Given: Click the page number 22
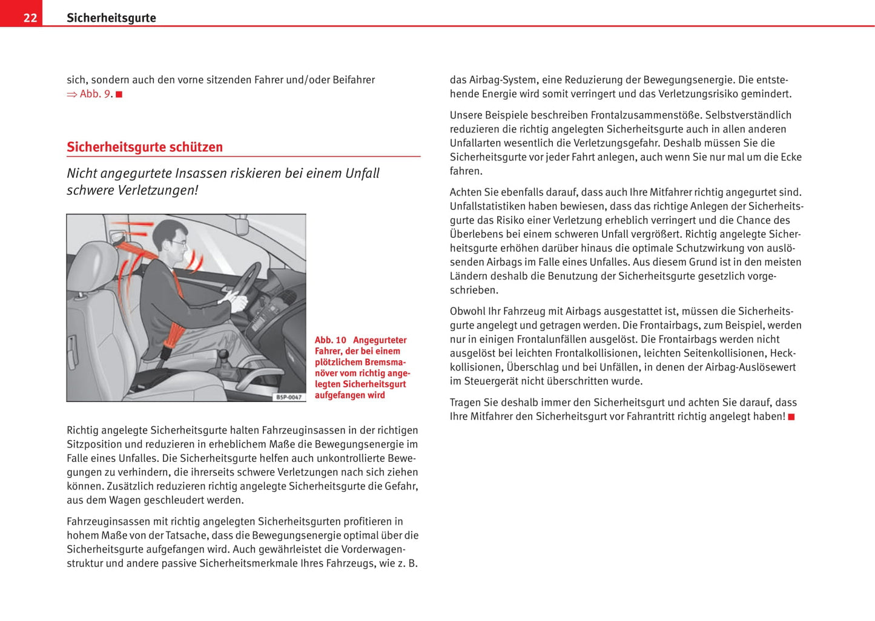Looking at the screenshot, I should tap(30, 18).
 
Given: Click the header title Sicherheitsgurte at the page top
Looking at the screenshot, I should tap(111, 18).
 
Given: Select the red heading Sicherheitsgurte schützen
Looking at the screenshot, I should tap(145, 147).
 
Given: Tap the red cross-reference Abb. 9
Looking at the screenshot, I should tap(96, 94).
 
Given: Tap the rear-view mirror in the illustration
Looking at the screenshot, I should tap(243, 225).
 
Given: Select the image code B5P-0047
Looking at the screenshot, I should tap(289, 397).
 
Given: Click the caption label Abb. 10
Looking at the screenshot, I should tap(331, 340).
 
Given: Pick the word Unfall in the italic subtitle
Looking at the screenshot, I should tap(362, 173).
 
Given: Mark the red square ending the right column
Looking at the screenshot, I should tap(791, 417).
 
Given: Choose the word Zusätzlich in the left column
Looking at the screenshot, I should tap(131, 486).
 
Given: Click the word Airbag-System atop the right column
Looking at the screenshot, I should tap(502, 80).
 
